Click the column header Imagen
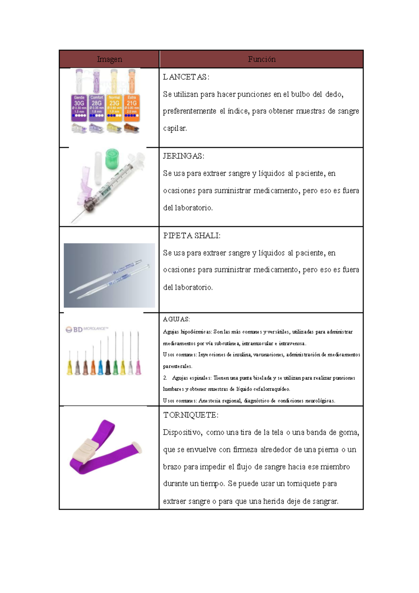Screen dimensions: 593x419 coord(109,59)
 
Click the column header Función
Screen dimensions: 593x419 coord(262,59)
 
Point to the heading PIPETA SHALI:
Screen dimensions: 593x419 coord(192,236)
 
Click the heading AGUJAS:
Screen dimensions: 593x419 coord(176,319)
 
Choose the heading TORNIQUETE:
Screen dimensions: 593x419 coord(191,415)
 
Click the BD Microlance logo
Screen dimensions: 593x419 coord(87,329)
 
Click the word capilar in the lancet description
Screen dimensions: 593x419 coord(175,129)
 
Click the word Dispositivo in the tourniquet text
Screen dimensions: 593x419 coord(182,433)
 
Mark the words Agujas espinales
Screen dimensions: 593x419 coord(191,378)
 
